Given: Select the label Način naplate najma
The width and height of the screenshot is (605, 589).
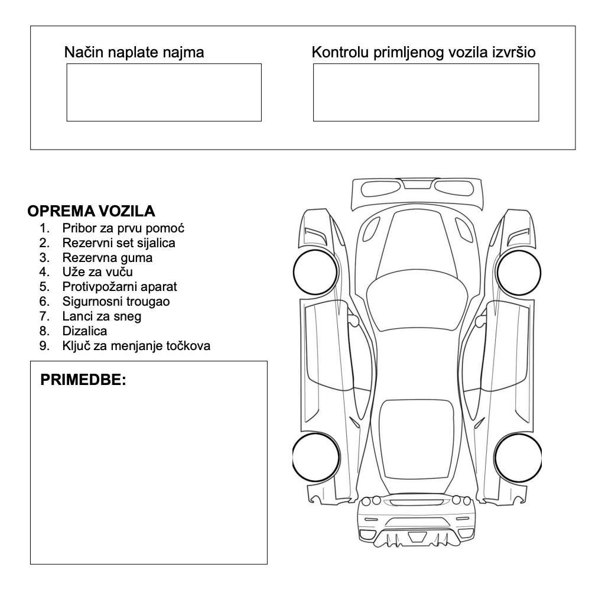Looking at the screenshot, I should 134,53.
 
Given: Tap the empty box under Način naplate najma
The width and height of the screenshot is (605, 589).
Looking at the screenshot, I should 163,92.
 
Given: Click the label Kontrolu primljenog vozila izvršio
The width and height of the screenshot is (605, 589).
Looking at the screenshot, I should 424,53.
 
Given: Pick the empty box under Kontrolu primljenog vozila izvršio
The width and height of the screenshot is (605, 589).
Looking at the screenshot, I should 425,92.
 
